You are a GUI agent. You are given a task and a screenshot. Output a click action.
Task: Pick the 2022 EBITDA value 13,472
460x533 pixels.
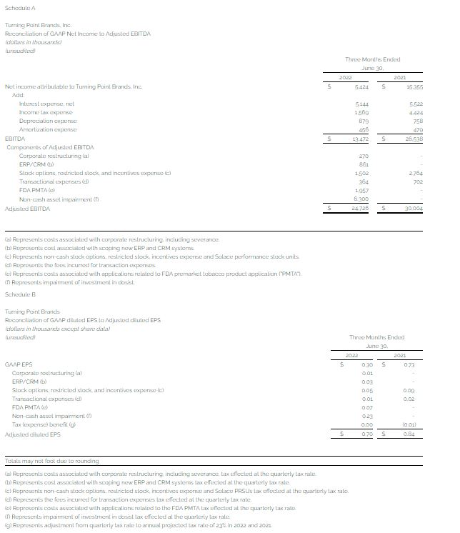coord(361,139)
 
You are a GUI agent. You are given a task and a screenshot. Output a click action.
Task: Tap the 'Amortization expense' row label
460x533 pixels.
coord(48,129)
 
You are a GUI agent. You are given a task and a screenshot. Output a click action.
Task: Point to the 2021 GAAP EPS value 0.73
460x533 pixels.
coord(409,364)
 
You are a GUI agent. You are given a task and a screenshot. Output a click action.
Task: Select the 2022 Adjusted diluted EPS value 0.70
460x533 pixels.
coord(367,434)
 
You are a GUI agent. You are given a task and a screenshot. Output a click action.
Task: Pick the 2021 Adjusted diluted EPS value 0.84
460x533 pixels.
coord(409,434)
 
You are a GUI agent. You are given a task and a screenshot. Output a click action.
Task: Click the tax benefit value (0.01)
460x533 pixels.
coord(408,425)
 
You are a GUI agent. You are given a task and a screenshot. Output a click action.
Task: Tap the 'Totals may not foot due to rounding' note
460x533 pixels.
coord(52,462)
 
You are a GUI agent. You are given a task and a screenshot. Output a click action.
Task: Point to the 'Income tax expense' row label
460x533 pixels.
coord(46,112)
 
